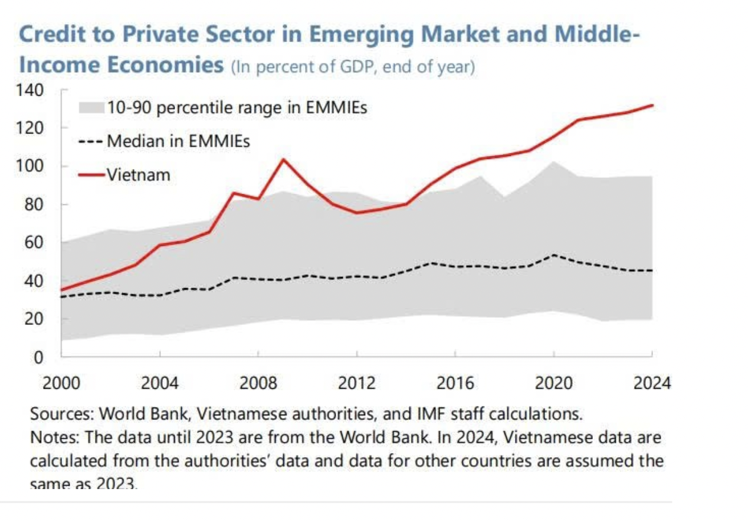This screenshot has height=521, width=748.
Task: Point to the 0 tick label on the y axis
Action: (38, 357)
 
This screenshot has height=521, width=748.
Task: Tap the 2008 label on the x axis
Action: (258, 383)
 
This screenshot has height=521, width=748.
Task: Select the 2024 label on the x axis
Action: (652, 383)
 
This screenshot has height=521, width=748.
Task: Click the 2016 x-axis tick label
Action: (455, 383)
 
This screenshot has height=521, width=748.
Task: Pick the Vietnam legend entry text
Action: (139, 175)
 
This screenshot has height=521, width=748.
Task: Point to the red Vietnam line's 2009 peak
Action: (283, 159)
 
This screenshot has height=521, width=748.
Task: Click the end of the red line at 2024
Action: (652, 106)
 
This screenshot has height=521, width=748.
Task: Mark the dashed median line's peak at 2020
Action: (553, 255)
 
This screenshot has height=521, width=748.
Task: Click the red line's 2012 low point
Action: (357, 213)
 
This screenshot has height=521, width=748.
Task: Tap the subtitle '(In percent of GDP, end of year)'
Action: (352, 67)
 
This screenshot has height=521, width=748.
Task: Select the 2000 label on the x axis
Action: (61, 383)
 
